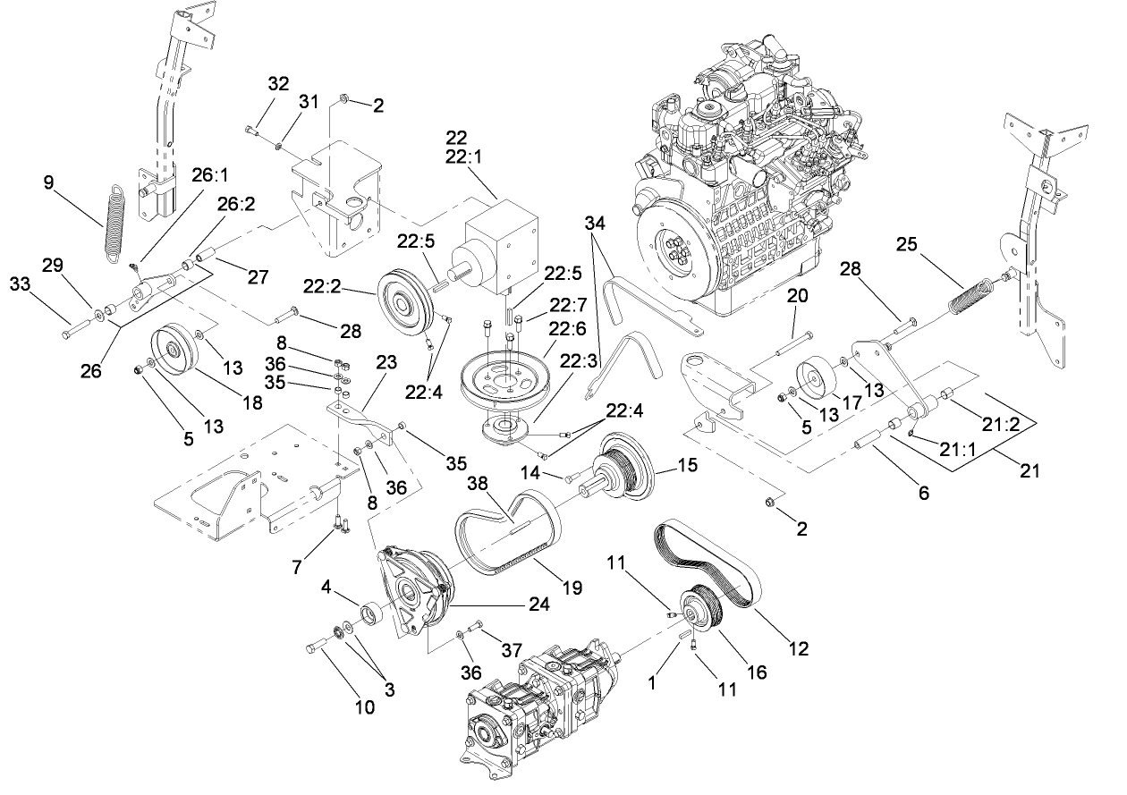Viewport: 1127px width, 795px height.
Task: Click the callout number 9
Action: [49, 182]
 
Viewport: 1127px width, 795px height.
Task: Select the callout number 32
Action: [278, 84]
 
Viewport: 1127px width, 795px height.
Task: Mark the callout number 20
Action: [797, 296]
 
